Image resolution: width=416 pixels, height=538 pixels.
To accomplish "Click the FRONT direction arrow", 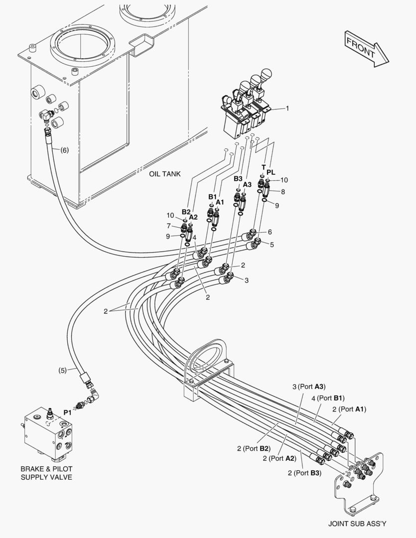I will pyautogui.click(x=366, y=48).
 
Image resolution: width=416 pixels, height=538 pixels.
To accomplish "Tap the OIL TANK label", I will pyautogui.click(x=164, y=174).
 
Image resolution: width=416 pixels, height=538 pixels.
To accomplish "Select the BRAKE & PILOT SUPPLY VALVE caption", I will pyautogui.click(x=46, y=473).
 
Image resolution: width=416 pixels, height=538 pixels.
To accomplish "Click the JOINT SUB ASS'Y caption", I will pyautogui.click(x=357, y=524).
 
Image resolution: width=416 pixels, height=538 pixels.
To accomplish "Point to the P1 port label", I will pyautogui.click(x=67, y=412).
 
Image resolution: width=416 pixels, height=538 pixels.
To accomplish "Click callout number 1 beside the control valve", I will pyautogui.click(x=287, y=108).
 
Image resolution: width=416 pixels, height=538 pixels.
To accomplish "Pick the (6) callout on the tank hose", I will pyautogui.click(x=64, y=149).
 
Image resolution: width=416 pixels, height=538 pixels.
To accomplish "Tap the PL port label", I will pyautogui.click(x=271, y=172).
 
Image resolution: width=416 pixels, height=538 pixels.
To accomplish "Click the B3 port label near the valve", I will pyautogui.click(x=238, y=178).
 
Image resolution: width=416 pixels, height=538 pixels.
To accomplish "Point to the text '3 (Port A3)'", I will pyautogui.click(x=309, y=386).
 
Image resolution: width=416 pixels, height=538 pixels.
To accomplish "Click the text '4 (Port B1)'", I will pyautogui.click(x=328, y=398).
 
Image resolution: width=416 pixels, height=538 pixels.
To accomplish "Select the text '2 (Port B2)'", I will pyautogui.click(x=254, y=448).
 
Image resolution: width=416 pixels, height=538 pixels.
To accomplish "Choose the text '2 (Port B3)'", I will pyautogui.click(x=304, y=473).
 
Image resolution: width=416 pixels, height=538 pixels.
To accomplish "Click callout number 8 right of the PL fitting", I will pyautogui.click(x=283, y=192).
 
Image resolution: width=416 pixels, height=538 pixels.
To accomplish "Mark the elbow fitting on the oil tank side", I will pyautogui.click(x=47, y=117).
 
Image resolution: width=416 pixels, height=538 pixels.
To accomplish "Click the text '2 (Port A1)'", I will pyautogui.click(x=349, y=409).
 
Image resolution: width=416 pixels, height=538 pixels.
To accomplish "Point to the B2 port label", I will pyautogui.click(x=186, y=211).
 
